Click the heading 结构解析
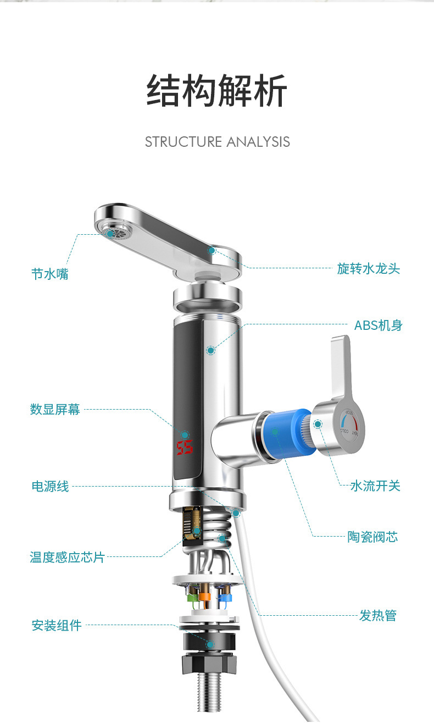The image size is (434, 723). coord(217,91)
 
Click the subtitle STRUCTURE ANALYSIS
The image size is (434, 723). coord(217,142)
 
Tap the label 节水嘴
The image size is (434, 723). coord(50,273)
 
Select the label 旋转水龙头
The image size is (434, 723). coord(369,269)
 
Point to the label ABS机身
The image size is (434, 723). coord(378,325)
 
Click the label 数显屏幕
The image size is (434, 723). coord(55,409)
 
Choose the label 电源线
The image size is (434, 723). coord(50,486)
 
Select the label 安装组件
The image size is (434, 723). coord(57,625)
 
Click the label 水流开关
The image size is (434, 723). coord(375,485)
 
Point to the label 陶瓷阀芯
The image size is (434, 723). coord(372,537)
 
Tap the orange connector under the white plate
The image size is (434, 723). coord(205,596)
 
